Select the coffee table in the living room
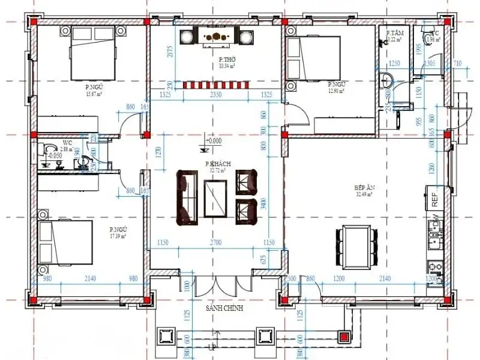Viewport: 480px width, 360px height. pos(215,200)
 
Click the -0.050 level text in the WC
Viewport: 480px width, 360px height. pos(55,155)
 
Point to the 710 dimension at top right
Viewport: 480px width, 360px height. pos(457,63)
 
